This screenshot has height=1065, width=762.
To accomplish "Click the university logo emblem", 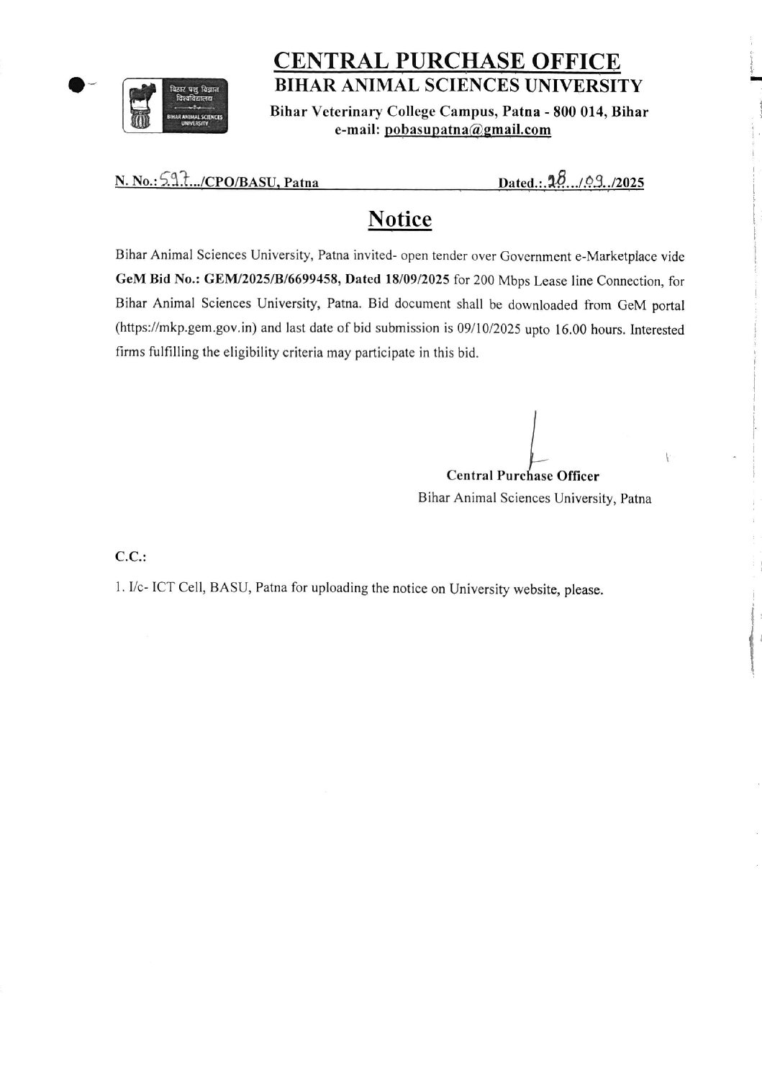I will pos(176,105).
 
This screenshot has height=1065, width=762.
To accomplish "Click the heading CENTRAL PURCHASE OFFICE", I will pos(447,61).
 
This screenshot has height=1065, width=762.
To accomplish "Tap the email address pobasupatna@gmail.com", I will pos(468,130).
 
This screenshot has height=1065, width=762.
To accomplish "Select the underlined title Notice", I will pos(400,219).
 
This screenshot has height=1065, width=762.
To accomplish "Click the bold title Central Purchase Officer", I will pos(522,476).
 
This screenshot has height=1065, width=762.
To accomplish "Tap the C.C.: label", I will pos(130,556).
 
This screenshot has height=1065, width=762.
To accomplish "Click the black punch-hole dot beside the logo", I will pos(76,85).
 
